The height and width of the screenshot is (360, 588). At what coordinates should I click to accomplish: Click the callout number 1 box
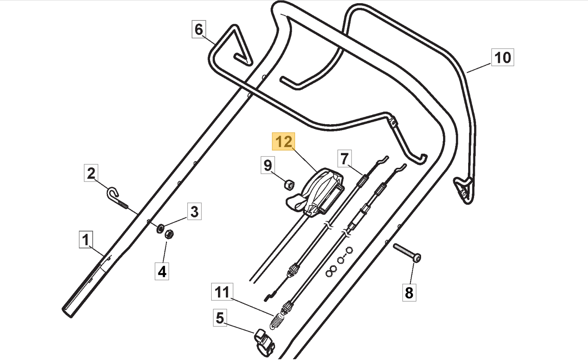tap(86, 239)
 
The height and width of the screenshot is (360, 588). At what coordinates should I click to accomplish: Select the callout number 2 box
tap(91, 173)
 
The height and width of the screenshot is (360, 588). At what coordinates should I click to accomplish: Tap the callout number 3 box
tap(194, 211)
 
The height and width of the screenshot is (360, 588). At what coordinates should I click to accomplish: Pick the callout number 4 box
tap(162, 271)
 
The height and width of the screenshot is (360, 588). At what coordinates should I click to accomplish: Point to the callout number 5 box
tap(220, 318)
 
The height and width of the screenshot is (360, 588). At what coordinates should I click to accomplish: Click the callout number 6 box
tap(199, 29)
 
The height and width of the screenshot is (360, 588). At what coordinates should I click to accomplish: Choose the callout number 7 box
tap(344, 159)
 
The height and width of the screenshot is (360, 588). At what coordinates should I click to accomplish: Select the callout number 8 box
tap(409, 293)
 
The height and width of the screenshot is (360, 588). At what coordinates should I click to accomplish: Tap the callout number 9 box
tap(268, 165)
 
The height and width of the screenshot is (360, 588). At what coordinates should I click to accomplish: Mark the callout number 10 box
tap(503, 57)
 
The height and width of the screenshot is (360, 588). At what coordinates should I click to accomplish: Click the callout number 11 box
tap(222, 292)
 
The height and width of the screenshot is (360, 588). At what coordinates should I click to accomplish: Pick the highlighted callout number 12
tap(284, 141)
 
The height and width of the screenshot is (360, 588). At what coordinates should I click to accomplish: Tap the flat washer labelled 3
tap(160, 228)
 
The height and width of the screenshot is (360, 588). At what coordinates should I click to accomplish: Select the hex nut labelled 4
tap(169, 234)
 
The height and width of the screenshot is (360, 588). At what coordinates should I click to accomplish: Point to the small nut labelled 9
tap(289, 184)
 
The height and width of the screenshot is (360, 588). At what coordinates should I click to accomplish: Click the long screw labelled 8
tap(407, 252)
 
